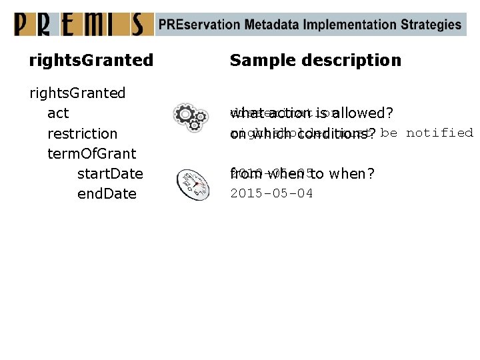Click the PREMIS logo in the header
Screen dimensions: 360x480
79,24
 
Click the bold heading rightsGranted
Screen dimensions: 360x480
91,60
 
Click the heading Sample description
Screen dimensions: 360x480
315,60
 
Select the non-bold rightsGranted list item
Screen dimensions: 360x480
77,93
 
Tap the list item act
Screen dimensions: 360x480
58,113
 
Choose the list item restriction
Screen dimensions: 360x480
82,133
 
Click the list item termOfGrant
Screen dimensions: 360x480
91,153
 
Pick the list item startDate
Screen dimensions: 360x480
110,174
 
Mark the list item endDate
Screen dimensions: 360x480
107,194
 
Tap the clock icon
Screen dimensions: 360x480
193,185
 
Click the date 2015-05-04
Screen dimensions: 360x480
271,194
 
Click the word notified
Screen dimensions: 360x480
439,133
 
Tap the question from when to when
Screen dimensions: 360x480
302,174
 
